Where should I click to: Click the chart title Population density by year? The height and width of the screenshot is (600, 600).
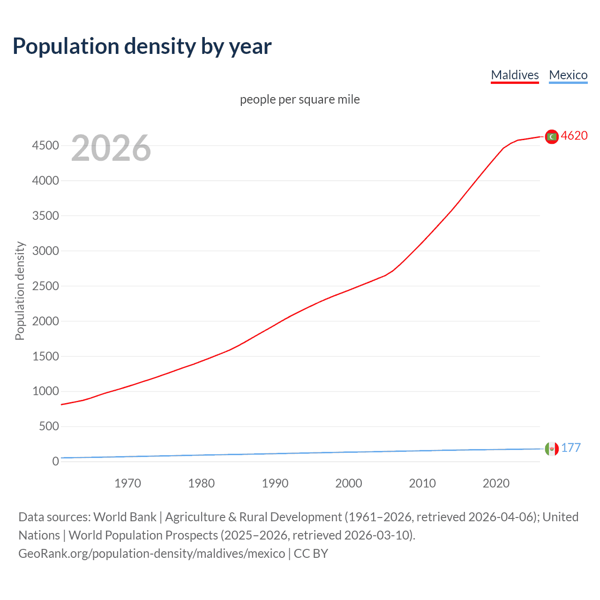(142, 46)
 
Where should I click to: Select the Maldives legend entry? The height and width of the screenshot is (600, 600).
(515, 75)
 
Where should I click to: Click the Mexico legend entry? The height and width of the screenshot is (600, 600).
(568, 75)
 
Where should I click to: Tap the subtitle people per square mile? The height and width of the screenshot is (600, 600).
(300, 99)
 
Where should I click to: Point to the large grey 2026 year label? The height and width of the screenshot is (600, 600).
(111, 148)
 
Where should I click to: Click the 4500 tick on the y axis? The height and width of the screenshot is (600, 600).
(45, 146)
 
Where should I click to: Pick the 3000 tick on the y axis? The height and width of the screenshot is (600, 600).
(45, 251)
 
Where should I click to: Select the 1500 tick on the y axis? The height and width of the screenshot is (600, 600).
(45, 356)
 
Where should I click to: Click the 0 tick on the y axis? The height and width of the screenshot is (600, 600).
(55, 461)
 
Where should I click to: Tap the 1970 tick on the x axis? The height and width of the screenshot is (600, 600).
(127, 483)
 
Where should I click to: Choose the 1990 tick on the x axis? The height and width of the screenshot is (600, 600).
(275, 483)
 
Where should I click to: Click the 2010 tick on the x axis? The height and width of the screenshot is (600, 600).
(422, 483)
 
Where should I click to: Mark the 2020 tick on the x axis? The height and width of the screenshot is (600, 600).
(496, 483)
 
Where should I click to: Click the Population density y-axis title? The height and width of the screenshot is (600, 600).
(20, 291)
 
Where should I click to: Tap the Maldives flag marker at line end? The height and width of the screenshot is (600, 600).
(552, 136)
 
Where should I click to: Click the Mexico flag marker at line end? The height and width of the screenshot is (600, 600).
(552, 449)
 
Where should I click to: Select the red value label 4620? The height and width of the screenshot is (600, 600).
(574, 135)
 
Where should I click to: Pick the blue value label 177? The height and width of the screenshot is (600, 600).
(571, 448)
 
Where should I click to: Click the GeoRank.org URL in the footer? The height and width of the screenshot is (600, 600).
(151, 554)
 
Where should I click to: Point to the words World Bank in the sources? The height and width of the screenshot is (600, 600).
(125, 517)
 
